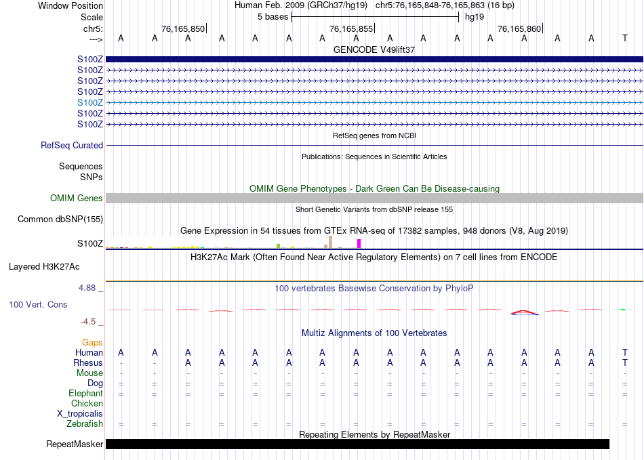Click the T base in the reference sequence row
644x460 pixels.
pos(624,39)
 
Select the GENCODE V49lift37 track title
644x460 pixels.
pos(374,49)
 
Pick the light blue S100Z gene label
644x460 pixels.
pos(90,102)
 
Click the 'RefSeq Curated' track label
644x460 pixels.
pos(72,145)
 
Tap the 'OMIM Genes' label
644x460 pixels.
pos(77,198)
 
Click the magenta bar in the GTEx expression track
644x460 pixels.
pos(359,243)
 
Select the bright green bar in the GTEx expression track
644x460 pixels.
pos(278,245)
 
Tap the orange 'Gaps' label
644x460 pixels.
pos(92,343)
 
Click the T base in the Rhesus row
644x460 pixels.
pos(624,362)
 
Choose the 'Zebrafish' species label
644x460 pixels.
pos(85,424)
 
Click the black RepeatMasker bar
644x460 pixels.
pos(357,444)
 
